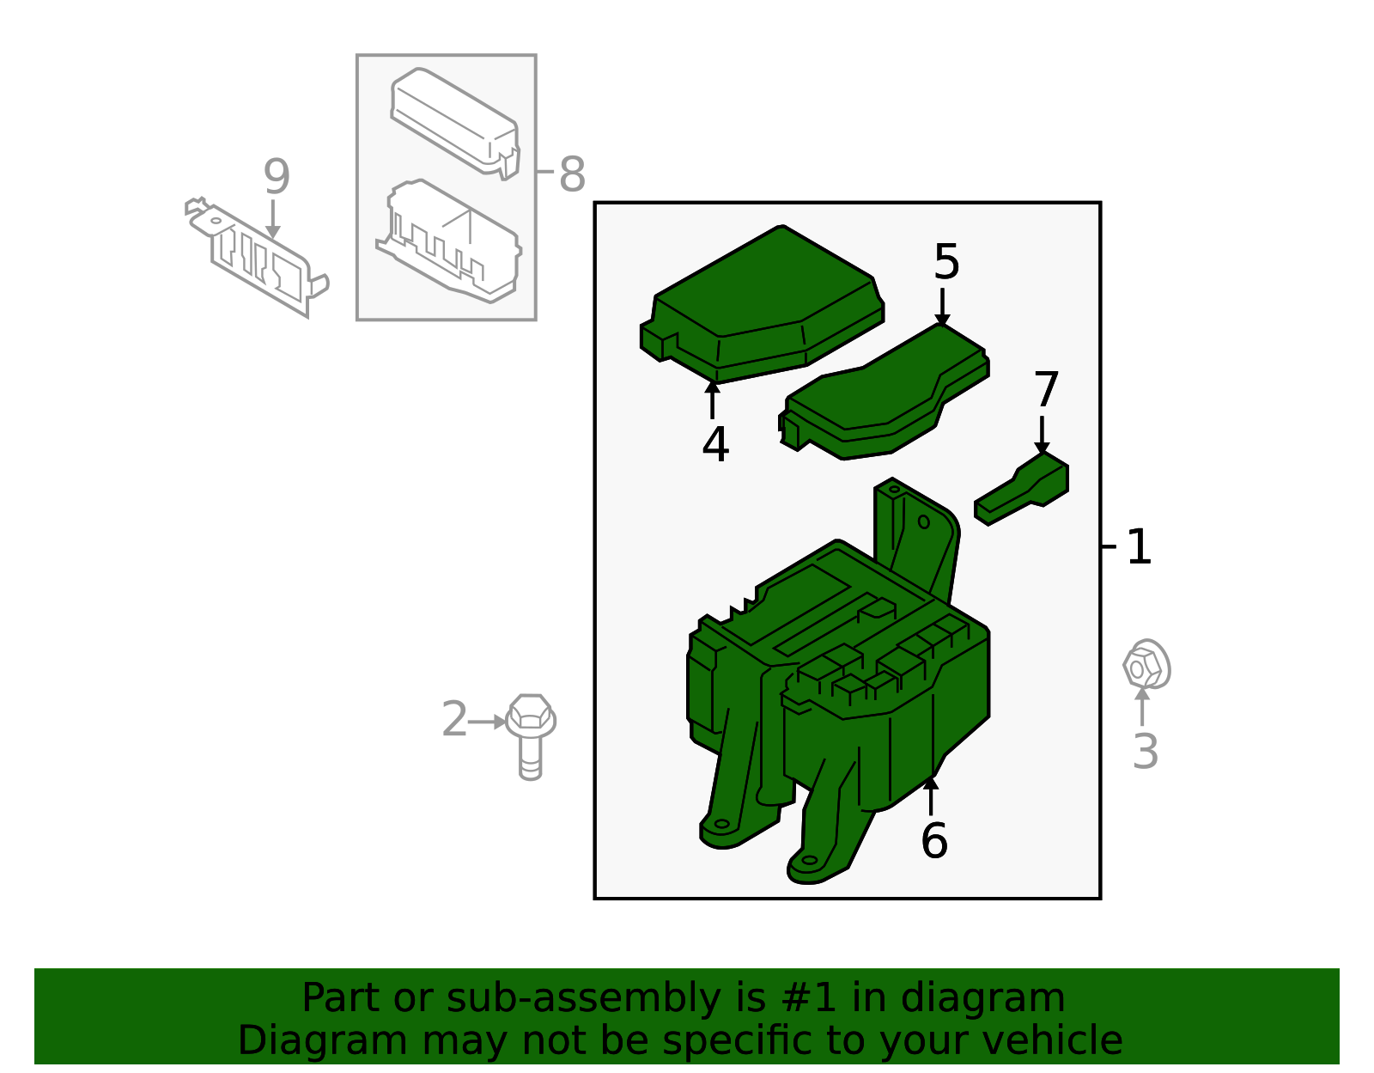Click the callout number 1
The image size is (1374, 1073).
tap(1139, 546)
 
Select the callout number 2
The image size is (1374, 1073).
tap(454, 719)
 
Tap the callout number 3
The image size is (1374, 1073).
tap(1146, 751)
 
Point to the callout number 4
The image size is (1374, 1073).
tap(715, 444)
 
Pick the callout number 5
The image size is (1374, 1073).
tap(946, 261)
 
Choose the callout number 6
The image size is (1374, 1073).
tap(934, 840)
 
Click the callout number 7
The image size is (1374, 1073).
tap(1046, 389)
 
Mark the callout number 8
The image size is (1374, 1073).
tap(572, 174)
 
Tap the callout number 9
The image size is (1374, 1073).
tap(277, 177)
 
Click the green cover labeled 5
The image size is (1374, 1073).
tap(885, 395)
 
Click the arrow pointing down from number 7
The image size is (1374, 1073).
tap(1042, 433)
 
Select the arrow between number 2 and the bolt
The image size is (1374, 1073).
tap(488, 722)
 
